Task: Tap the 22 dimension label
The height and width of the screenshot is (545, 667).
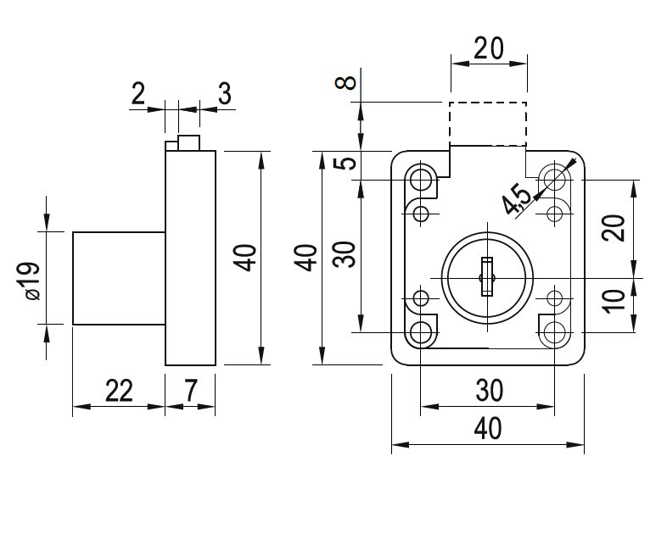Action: [x=120, y=391]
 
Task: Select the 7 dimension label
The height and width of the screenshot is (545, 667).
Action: [x=190, y=391]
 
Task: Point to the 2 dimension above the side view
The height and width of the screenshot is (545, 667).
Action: [x=138, y=93]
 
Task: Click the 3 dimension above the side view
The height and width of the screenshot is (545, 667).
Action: [x=224, y=93]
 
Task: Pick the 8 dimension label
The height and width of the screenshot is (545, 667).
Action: [x=345, y=84]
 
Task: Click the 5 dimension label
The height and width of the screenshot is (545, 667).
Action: [x=345, y=164]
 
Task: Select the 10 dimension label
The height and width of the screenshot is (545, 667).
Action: [x=617, y=299]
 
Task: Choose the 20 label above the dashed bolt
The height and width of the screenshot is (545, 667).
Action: [x=488, y=49]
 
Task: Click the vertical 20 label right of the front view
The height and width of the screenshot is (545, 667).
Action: [x=617, y=228]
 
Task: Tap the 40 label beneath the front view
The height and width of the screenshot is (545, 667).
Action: [x=488, y=429]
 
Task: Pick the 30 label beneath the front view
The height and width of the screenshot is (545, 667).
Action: [x=488, y=391]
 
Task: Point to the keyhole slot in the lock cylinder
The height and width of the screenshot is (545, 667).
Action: [x=485, y=277]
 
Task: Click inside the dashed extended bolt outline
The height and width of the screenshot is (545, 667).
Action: [x=488, y=124]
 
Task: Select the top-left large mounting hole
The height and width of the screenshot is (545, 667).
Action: [x=421, y=179]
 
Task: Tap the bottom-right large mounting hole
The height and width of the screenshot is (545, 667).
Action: [x=555, y=333]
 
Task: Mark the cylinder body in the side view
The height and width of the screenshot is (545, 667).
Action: [x=118, y=277]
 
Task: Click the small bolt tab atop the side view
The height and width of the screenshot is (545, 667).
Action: [x=188, y=142]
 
